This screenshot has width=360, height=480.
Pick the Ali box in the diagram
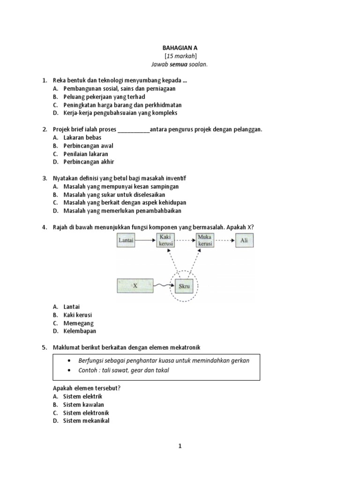click(x=243, y=241)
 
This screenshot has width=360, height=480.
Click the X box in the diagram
click(x=135, y=285)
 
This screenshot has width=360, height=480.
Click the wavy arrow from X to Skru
click(x=164, y=285)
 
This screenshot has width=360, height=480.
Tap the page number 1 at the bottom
click(x=180, y=447)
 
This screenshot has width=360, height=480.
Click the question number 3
click(x=44, y=179)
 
